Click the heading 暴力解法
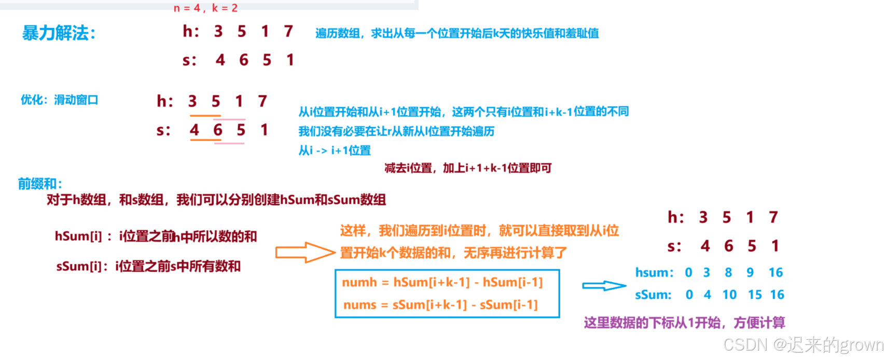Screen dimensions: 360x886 click(59, 33)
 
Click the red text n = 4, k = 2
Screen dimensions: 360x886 click(205, 8)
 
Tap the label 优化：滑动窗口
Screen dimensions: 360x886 click(59, 100)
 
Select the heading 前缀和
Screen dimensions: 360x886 click(40, 184)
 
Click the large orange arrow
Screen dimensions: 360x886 click(305, 253)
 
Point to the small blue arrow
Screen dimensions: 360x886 click(604, 286)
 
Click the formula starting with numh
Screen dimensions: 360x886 click(442, 282)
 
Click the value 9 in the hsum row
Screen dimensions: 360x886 click(750, 273)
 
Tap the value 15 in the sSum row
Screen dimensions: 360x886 click(755, 295)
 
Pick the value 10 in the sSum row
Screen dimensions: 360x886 click(729, 295)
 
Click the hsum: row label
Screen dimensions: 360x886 click(654, 273)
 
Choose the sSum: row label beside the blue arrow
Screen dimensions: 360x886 click(653, 295)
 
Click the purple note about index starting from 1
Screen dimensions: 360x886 click(684, 323)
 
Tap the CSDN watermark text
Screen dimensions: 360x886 click(803, 345)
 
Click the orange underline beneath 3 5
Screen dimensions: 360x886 click(205, 116)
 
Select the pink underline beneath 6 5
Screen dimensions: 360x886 click(229, 143)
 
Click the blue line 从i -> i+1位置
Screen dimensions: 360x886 click(335, 150)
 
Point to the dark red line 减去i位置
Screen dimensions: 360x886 click(467, 168)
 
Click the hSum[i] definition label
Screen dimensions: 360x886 click(156, 237)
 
